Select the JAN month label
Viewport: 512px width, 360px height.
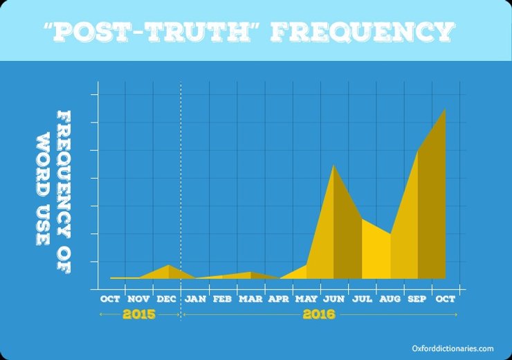tap(195, 299)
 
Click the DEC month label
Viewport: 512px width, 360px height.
tap(167, 299)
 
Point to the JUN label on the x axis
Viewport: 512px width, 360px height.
tap(334, 299)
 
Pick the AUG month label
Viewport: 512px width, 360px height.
tap(390, 299)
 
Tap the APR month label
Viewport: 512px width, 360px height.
tap(278, 299)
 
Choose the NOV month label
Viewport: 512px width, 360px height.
tap(138, 299)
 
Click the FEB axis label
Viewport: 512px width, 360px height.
tap(222, 299)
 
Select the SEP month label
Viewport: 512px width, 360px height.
tap(418, 299)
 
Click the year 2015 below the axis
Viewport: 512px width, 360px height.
tap(138, 315)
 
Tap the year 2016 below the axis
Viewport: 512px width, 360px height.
tap(319, 315)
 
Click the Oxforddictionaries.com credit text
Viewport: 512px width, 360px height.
tap(451, 349)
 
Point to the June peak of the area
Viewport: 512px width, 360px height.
tap(333, 165)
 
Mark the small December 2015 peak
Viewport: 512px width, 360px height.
tap(168, 266)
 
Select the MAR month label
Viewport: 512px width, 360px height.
tap(250, 299)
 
